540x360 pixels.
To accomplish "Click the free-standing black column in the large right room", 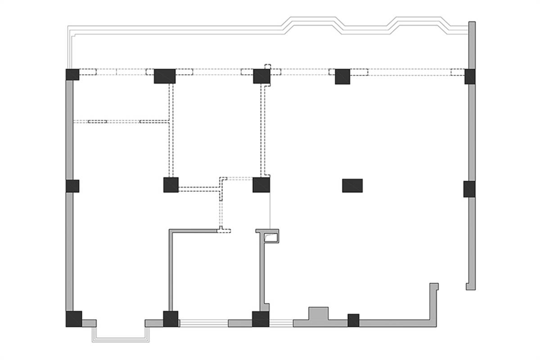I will (352, 185).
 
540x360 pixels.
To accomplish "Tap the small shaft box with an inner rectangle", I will (271, 236).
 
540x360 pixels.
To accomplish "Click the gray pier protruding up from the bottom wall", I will (318, 314).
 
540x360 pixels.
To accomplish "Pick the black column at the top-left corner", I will (72, 74).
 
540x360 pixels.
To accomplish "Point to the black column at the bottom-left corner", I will (74, 319).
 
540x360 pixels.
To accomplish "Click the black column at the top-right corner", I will (470, 76).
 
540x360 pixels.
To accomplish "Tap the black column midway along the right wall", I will (469, 189).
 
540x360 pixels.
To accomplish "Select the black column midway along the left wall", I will (72, 186).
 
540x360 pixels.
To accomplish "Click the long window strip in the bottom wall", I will (203, 322).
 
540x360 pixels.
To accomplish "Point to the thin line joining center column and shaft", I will (270, 211).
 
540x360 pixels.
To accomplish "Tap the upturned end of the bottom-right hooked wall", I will (434, 288).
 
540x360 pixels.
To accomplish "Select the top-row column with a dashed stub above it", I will (261, 76).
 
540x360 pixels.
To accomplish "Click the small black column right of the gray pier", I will (353, 320).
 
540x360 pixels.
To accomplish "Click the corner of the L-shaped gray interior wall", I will (171, 232).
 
